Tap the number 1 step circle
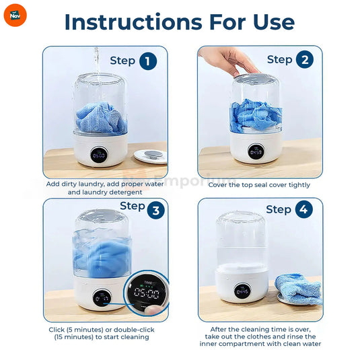coord(149,61)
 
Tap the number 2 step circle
coord(304,60)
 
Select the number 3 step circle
coord(156,211)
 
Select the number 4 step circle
coord(303,209)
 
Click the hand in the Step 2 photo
coord(229,61)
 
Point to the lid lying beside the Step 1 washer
coord(151,155)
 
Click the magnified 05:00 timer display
coord(145,294)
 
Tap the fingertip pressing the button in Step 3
coord(156,308)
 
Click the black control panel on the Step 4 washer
coord(244,291)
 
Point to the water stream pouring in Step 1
coord(96,67)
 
